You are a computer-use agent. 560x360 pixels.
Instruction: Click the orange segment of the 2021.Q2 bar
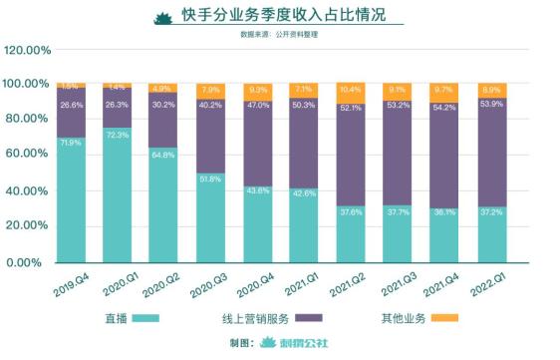tap(351, 91)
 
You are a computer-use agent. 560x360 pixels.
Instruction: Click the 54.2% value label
tap(444, 135)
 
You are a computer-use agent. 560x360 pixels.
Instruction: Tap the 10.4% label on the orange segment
tap(351, 90)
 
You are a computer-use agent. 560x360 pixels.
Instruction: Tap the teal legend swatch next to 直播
tap(147, 318)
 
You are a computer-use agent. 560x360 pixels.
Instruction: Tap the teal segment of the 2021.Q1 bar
tap(304, 225)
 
